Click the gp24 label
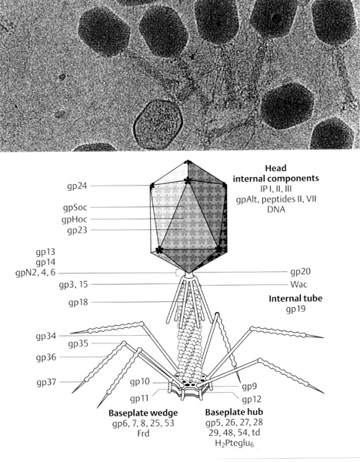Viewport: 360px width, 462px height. pyautogui.click(x=77, y=186)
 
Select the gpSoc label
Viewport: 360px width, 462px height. pyautogui.click(x=75, y=207)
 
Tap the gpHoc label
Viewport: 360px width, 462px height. pyautogui.click(x=75, y=219)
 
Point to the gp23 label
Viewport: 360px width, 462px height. pyautogui.click(x=77, y=229)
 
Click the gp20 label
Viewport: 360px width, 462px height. pyautogui.click(x=301, y=272)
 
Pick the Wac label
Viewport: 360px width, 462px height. pyautogui.click(x=298, y=284)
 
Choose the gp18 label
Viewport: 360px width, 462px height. pyautogui.click(x=78, y=302)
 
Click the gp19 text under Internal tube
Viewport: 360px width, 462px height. pyautogui.click(x=295, y=309)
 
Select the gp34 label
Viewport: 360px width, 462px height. pyautogui.click(x=46, y=336)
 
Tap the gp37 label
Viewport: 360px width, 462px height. pyautogui.click(x=46, y=382)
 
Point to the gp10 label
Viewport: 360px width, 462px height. pyautogui.click(x=140, y=382)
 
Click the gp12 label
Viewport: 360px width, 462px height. pyautogui.click(x=252, y=400)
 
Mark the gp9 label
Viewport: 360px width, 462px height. pyautogui.click(x=249, y=387)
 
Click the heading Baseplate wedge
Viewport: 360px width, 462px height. pyautogui.click(x=143, y=413)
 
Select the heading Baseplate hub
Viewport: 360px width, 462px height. pyautogui.click(x=235, y=412)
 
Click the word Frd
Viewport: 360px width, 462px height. pyautogui.click(x=143, y=434)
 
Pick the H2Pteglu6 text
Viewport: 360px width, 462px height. pyautogui.click(x=235, y=443)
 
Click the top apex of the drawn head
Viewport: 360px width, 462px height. pyautogui.click(x=187, y=161)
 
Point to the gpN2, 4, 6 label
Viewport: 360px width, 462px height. pyautogui.click(x=35, y=273)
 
